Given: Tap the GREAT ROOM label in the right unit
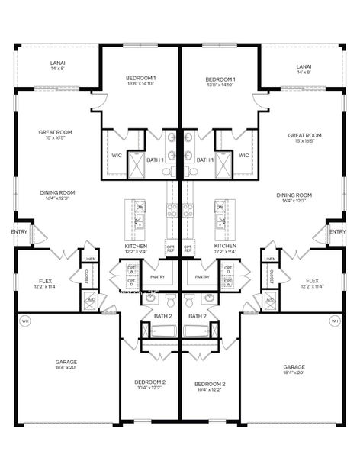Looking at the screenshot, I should pyautogui.click(x=304, y=135).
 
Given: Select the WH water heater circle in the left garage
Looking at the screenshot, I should pyautogui.click(x=25, y=321).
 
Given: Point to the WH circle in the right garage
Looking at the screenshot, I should pyautogui.click(x=334, y=321).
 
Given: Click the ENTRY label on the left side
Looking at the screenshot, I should pyautogui.click(x=18, y=231).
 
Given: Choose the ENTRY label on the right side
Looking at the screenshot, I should pyautogui.click(x=336, y=231).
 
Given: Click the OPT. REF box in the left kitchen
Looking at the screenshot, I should pyautogui.click(x=170, y=248).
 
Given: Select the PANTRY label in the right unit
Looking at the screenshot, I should pyautogui.click(x=202, y=277).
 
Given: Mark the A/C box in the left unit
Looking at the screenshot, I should pyautogui.click(x=90, y=300).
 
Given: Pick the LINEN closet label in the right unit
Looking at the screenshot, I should pyautogui.click(x=269, y=259).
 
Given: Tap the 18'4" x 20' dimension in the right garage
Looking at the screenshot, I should pyautogui.click(x=294, y=373).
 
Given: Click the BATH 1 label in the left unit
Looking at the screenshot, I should pyautogui.click(x=156, y=160).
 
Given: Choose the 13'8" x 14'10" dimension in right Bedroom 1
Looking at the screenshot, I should pyautogui.click(x=220, y=85).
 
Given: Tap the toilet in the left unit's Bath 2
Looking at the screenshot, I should pyautogui.click(x=170, y=298).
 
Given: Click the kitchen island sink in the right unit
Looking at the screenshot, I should pyautogui.click(x=220, y=222).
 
